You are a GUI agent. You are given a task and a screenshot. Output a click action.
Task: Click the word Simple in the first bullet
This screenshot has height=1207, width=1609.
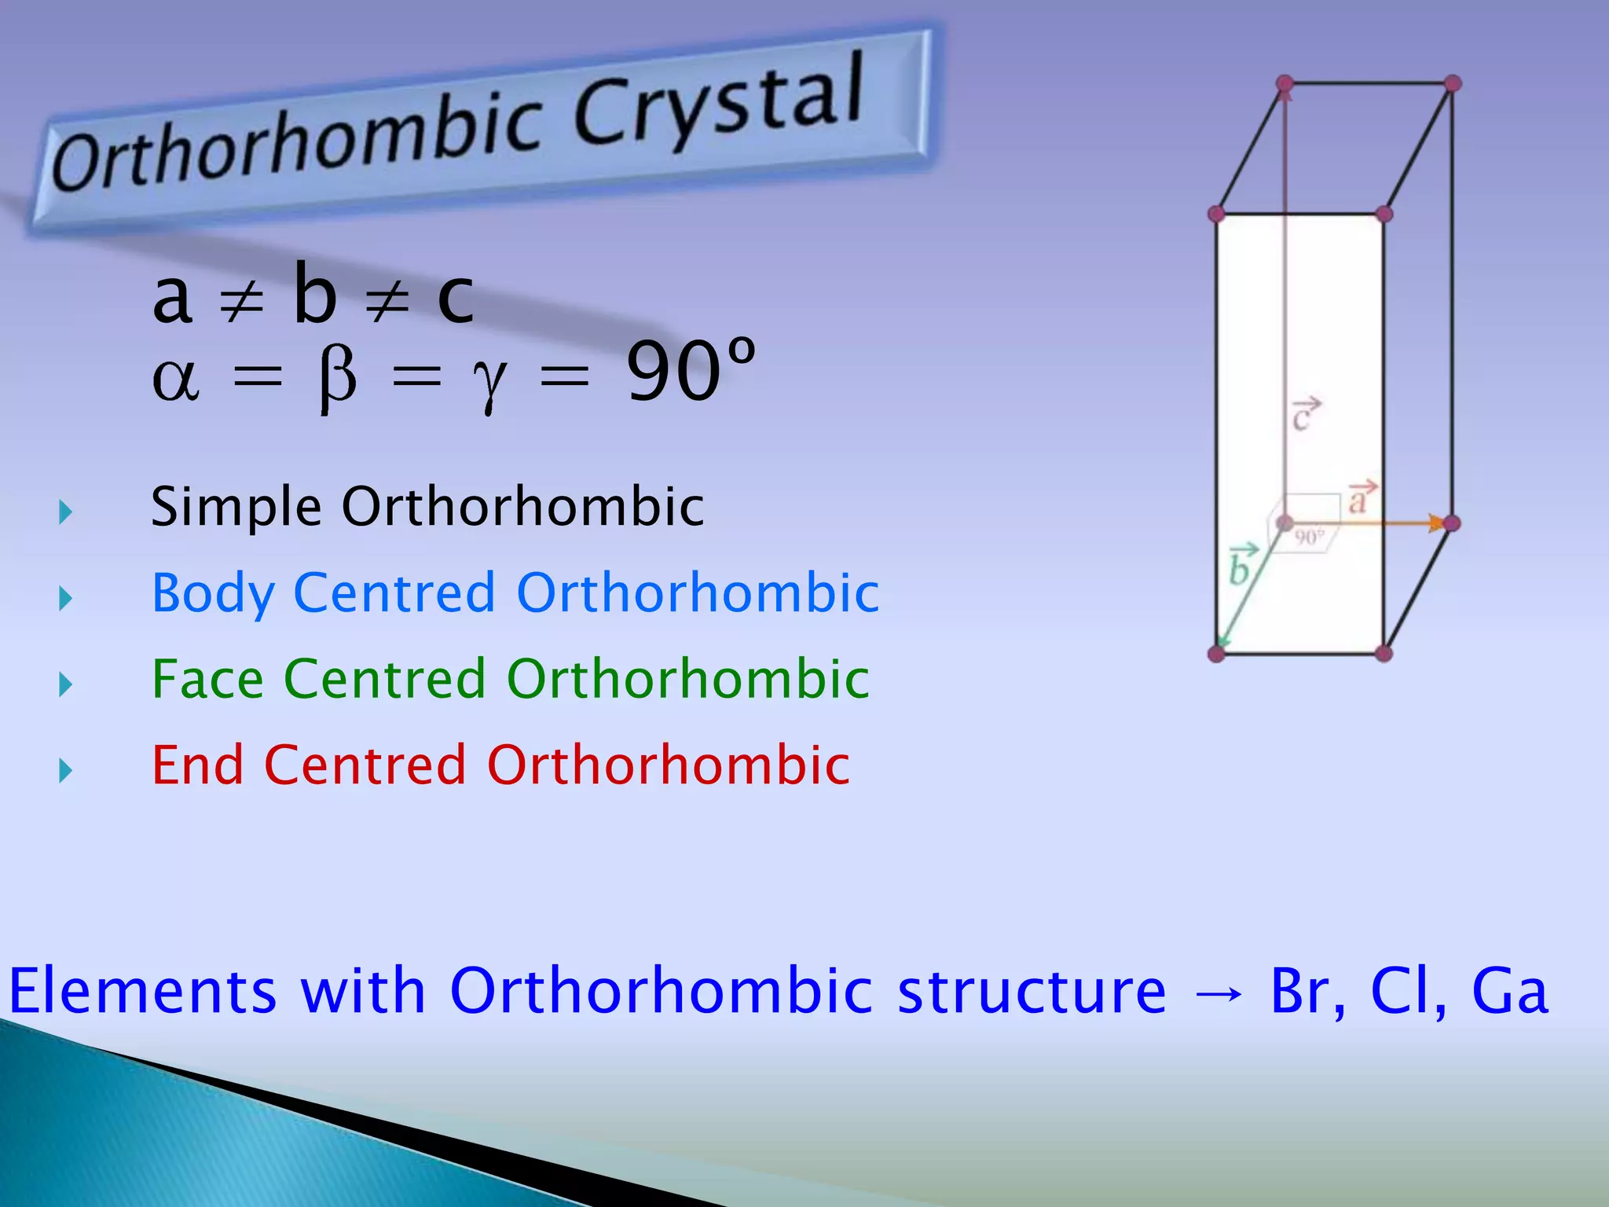(x=236, y=507)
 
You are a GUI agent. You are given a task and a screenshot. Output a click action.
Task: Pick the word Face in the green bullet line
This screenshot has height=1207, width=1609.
(x=207, y=679)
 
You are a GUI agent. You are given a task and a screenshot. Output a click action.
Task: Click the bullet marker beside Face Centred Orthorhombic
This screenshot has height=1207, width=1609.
(x=65, y=684)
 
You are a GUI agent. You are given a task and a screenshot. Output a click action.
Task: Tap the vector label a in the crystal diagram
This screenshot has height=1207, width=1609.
(x=1361, y=498)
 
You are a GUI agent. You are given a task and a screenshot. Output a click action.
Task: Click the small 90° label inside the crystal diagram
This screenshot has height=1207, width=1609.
(x=1309, y=537)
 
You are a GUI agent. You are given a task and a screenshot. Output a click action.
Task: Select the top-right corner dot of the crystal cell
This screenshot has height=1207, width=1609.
(x=1453, y=83)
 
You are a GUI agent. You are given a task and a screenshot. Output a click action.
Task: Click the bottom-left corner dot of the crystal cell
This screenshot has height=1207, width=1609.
(x=1216, y=653)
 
